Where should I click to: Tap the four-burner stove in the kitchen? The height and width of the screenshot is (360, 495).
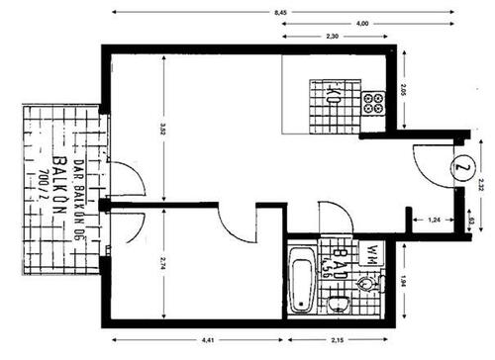(x=373, y=102)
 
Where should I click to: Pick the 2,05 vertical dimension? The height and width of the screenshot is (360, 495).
(x=402, y=94)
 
